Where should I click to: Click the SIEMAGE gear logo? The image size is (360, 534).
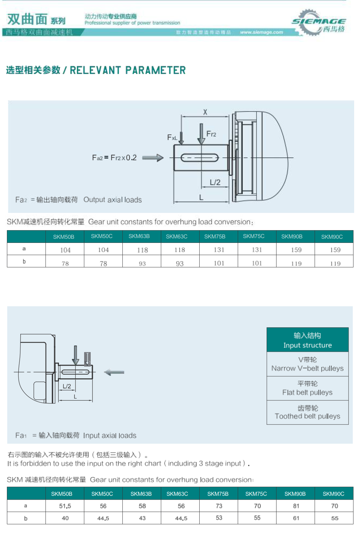(318, 23)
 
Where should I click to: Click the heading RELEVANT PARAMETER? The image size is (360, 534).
(128, 70)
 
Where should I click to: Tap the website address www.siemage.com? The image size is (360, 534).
(261, 32)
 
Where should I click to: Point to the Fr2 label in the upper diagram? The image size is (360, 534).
(211, 134)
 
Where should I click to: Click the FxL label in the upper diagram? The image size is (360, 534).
(172, 137)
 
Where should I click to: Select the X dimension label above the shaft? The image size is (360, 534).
(205, 112)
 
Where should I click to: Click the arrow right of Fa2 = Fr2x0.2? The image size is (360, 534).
(153, 158)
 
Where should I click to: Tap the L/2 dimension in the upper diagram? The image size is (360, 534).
(215, 182)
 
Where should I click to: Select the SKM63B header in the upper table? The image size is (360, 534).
(139, 236)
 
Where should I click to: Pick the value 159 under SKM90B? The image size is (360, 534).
(296, 250)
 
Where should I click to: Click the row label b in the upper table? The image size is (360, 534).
(24, 261)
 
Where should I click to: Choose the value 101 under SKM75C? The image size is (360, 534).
(257, 263)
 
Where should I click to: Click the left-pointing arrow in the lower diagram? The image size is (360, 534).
(114, 372)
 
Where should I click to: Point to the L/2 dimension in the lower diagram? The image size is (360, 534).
(67, 386)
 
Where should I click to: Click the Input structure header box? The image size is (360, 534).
(307, 340)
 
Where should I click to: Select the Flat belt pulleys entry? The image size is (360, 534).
(307, 388)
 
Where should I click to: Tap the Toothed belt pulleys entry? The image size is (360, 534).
(307, 412)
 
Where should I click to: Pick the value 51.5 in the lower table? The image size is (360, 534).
(65, 506)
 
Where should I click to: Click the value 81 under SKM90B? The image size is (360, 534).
(296, 506)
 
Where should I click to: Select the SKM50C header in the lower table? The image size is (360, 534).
(102, 494)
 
